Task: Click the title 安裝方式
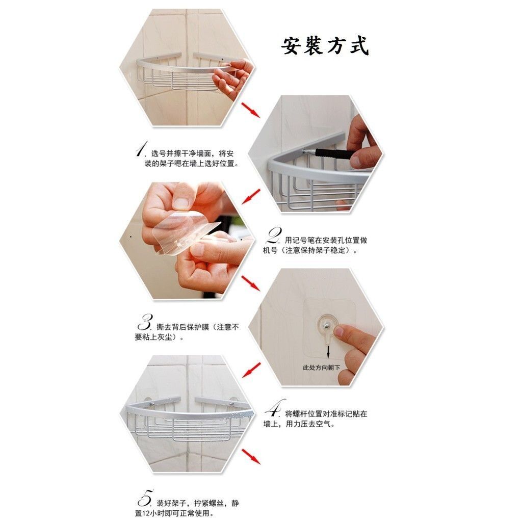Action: pos(325,46)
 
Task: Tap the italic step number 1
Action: pos(142,149)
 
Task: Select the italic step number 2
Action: pos(274,236)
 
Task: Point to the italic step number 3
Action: pos(145,322)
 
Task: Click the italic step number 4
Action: pos(275,408)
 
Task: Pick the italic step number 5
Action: pos(146,498)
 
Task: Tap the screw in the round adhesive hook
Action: pos(328,322)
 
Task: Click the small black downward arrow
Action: pos(328,352)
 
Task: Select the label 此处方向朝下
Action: pos(321,368)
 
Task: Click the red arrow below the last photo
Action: pos(251,456)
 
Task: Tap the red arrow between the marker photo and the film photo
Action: pos(251,196)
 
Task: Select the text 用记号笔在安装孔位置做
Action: pos(326,240)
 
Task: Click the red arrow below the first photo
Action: pos(251,110)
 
